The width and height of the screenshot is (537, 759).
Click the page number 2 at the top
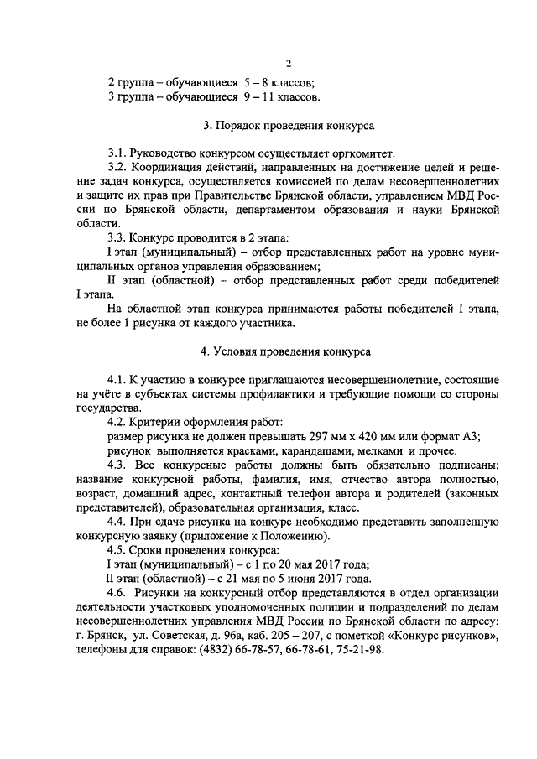click(x=288, y=64)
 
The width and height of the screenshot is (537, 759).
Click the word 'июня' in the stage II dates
click(x=300, y=580)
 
